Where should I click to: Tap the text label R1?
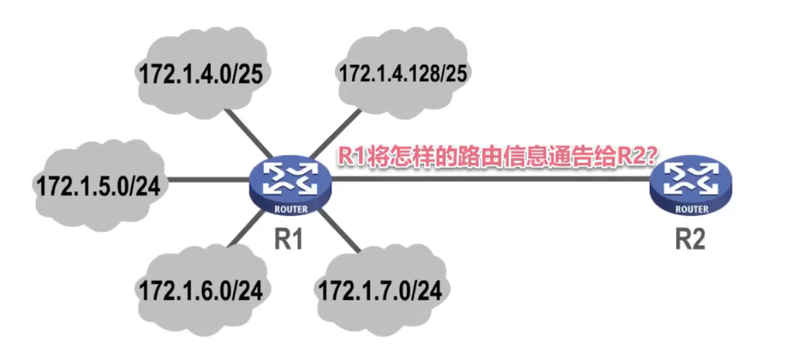[289, 238]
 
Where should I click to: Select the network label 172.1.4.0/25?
[201, 74]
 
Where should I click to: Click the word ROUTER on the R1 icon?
[290, 210]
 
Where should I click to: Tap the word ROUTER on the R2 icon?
[690, 209]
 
